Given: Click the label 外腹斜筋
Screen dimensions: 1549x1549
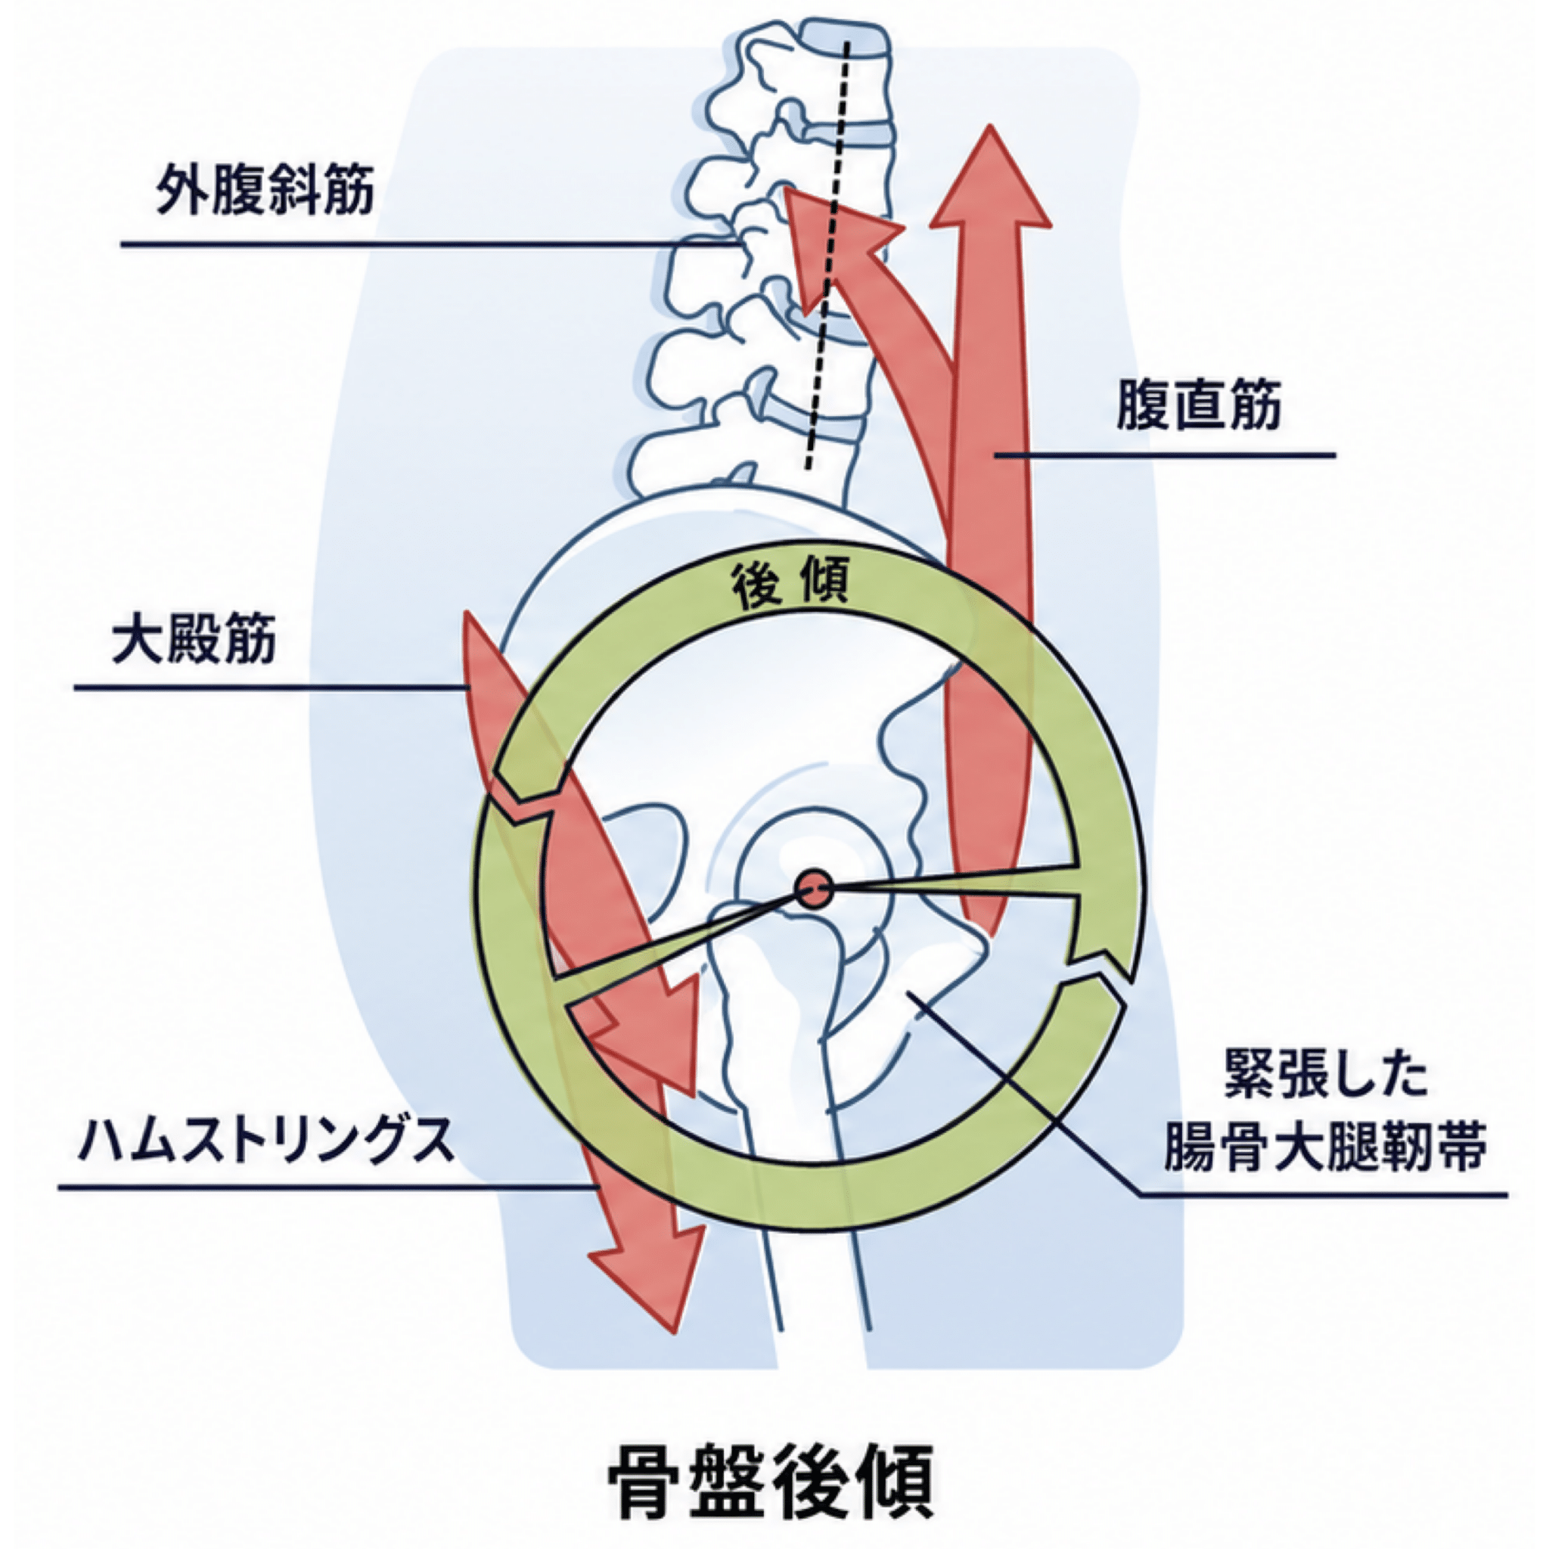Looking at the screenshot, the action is [x=265, y=191].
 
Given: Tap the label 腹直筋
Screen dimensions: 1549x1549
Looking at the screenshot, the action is [x=1199, y=405].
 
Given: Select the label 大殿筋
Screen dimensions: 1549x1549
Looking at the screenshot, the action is [x=194, y=639].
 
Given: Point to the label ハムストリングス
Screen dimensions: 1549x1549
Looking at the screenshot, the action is [x=265, y=1141].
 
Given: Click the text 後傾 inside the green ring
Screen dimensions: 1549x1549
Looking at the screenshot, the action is [x=789, y=587].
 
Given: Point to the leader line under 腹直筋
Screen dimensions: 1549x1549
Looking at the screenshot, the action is [x=1166, y=455].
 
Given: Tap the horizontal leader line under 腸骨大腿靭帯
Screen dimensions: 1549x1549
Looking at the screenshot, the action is [x=1323, y=1194].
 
